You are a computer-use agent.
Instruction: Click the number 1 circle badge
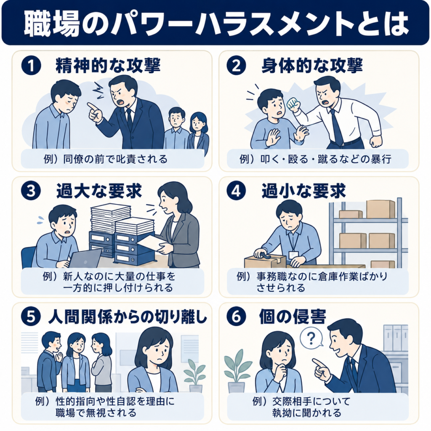pyautogui.click(x=31, y=66)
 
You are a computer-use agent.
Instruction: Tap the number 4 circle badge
pyautogui.click(x=236, y=192)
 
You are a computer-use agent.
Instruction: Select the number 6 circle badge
pyautogui.click(x=236, y=317)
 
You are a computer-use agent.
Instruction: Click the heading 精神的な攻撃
pyautogui.click(x=108, y=66)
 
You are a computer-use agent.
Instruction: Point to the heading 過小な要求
pyautogui.click(x=303, y=191)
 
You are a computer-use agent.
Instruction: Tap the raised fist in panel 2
pyautogui.click(x=293, y=105)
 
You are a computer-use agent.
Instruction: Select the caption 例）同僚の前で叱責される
pyautogui.click(x=105, y=159)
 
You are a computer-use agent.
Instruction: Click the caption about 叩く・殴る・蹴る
pyautogui.click(x=315, y=159)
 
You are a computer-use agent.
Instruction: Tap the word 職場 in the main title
pyautogui.click(x=52, y=23)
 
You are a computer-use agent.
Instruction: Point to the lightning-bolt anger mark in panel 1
pyautogui.click(x=98, y=89)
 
